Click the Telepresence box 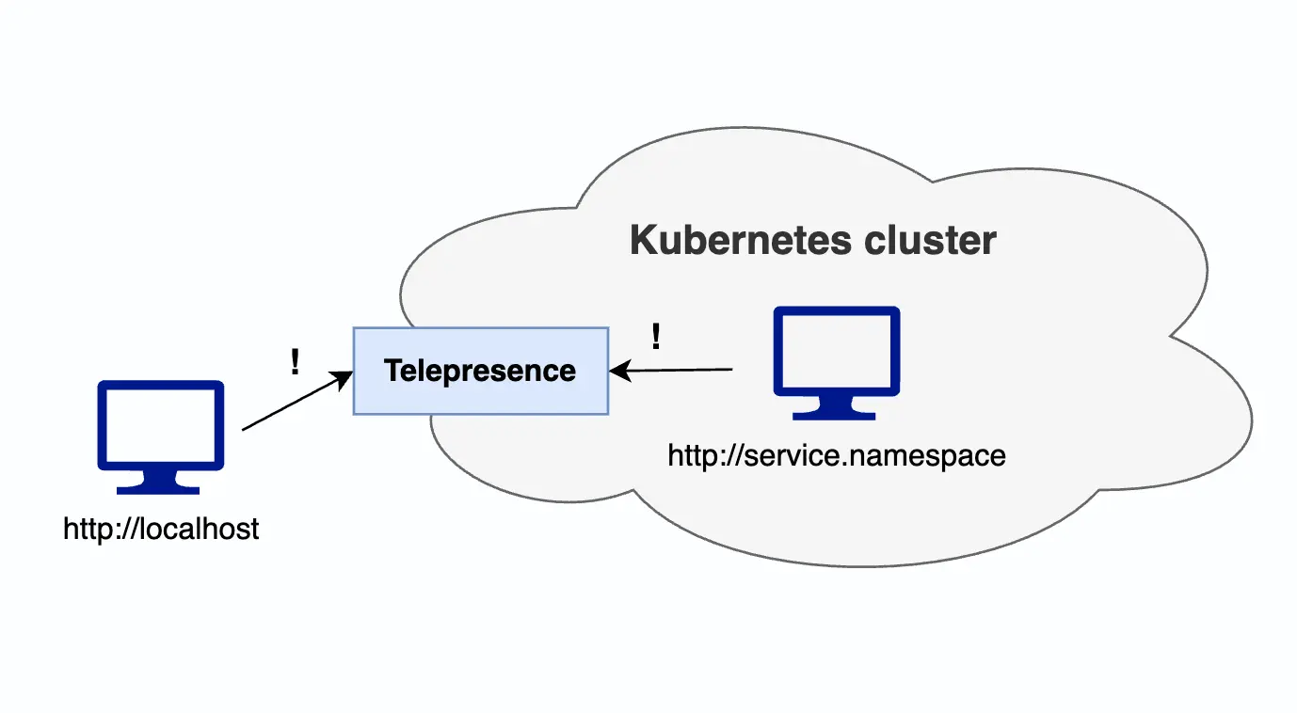(480, 371)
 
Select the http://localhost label (161, 530)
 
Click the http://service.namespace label (837, 456)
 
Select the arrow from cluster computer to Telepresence (673, 371)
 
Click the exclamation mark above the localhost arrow (296, 362)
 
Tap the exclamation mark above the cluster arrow (656, 336)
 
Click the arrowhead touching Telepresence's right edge (617, 372)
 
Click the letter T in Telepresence (392, 371)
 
